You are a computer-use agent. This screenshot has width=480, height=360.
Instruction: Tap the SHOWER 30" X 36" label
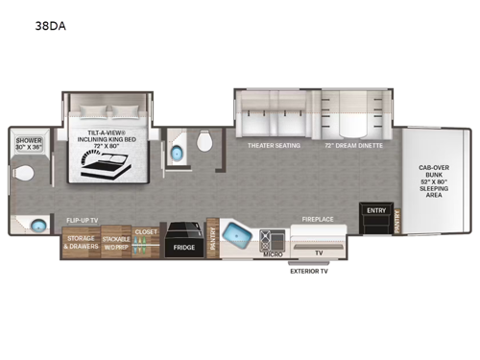29,144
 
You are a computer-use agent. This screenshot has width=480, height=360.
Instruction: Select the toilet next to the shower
25,176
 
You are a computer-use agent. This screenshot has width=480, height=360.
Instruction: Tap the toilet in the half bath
202,143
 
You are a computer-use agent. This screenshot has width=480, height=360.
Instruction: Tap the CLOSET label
146,232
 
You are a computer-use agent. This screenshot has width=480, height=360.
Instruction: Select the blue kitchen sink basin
235,235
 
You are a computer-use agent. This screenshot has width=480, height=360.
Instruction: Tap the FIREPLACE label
317,219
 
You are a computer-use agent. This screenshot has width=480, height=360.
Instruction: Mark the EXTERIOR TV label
312,272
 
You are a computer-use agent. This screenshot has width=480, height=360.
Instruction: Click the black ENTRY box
373,216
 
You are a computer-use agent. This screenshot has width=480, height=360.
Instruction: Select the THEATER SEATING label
275,145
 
